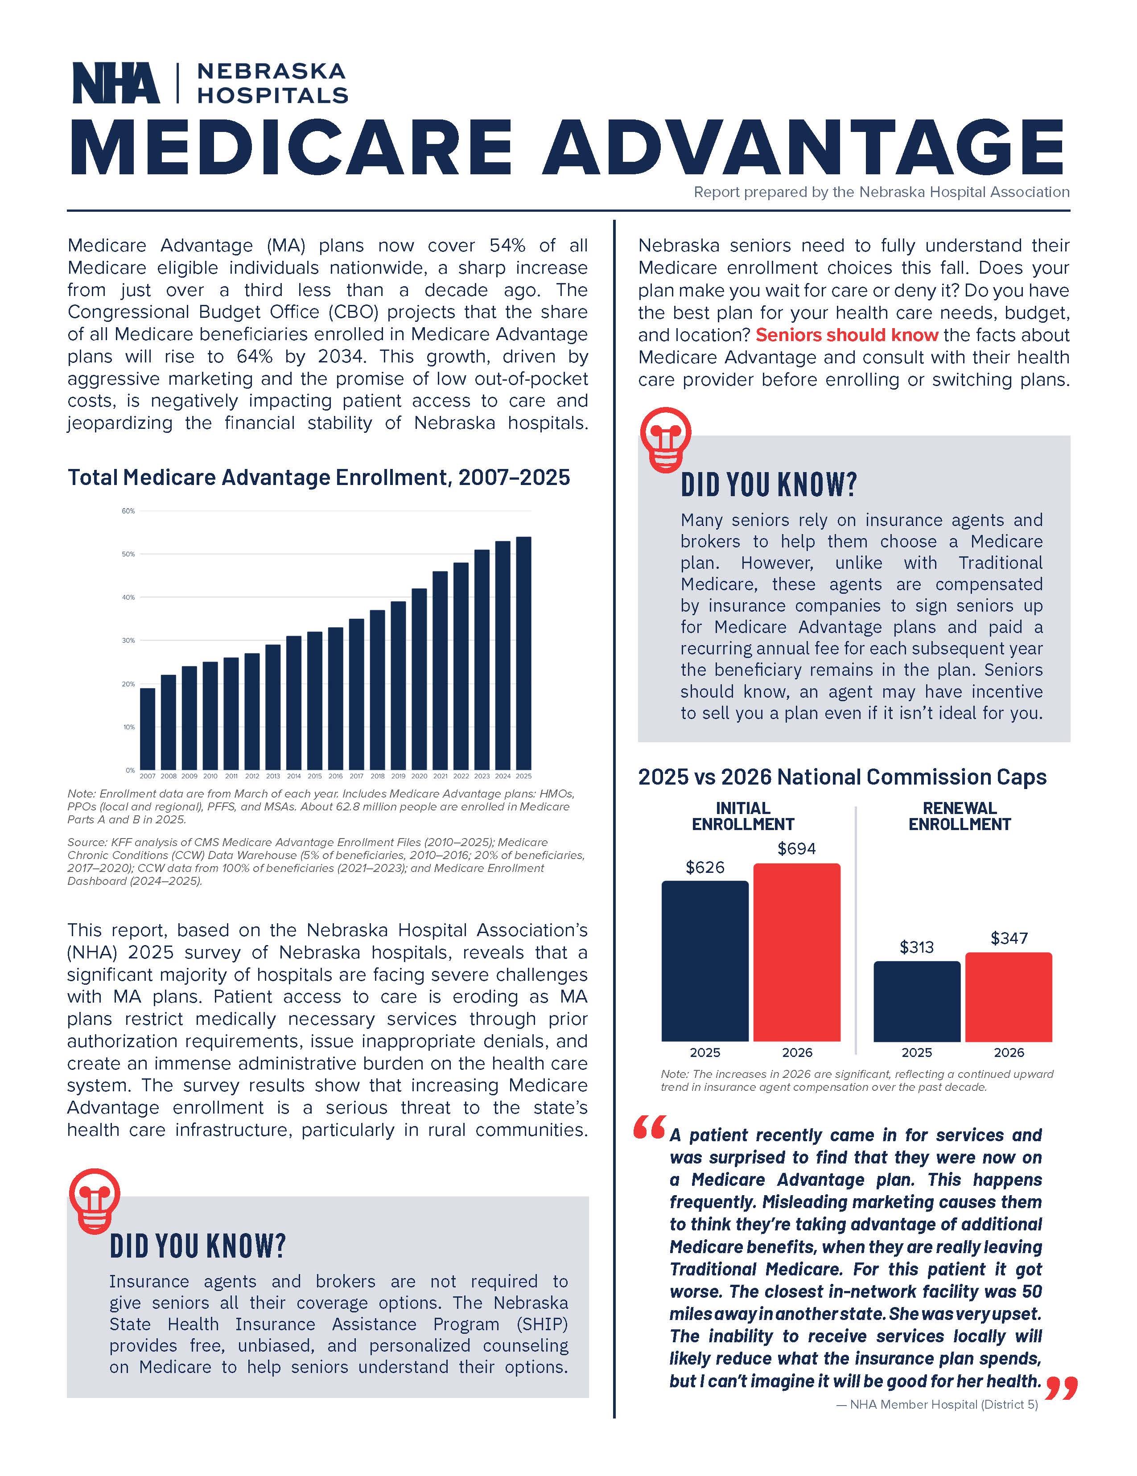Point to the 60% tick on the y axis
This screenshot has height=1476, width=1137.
pos(128,511)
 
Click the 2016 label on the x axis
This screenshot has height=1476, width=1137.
pos(335,777)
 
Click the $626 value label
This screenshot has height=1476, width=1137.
pos(704,867)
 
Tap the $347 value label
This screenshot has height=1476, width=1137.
pos(1009,938)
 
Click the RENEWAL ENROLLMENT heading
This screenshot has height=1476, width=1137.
pos(959,816)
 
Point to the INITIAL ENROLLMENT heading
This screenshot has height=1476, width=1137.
pos(742,816)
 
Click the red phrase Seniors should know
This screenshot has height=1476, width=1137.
pos(846,335)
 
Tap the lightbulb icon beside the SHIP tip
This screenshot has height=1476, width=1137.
pos(95,1200)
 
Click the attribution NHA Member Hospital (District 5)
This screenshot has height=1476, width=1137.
pos(936,1404)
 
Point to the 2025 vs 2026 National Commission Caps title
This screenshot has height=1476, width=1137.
pos(841,777)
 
